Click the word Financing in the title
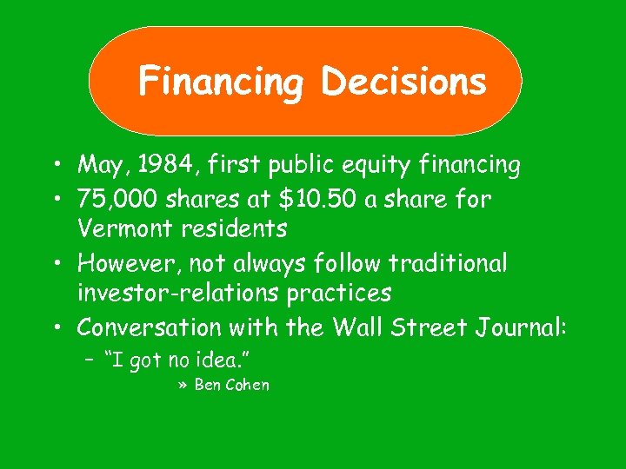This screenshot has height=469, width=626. click(221, 83)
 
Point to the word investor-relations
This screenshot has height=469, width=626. click(177, 294)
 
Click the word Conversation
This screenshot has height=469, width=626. click(150, 327)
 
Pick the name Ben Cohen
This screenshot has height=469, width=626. click(231, 385)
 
